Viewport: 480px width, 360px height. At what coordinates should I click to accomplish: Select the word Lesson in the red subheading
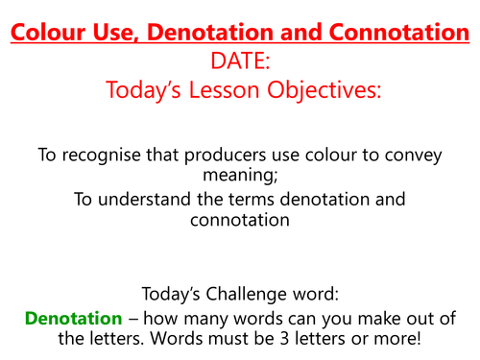[x=234, y=92]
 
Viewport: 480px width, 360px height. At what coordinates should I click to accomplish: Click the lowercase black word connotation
[x=239, y=222]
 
